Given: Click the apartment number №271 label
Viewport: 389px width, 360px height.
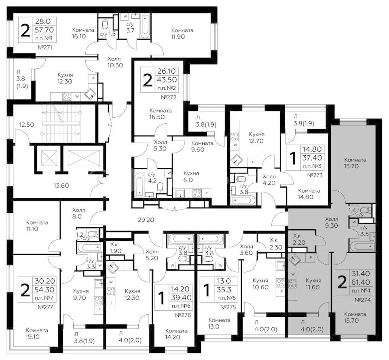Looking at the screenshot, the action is pyautogui.click(x=45, y=47).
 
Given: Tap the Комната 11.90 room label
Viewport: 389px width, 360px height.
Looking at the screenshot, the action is pyautogui.click(x=182, y=34).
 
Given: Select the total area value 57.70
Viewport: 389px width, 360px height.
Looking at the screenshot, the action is pyautogui.click(x=44, y=30).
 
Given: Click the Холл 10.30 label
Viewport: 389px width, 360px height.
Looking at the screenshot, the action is pyautogui.click(x=115, y=62).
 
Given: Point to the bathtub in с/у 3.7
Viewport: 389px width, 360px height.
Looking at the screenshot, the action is pyautogui.click(x=145, y=26).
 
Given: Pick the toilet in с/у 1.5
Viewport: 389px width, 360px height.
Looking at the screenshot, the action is pyautogui.click(x=105, y=24).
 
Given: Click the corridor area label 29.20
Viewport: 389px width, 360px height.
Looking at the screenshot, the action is pyautogui.click(x=146, y=220).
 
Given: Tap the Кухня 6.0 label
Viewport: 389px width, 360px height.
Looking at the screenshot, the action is pyautogui.click(x=191, y=177).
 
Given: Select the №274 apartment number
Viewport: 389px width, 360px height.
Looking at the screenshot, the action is pyautogui.click(x=363, y=300).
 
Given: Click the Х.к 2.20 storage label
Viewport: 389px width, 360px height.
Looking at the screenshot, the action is pyautogui.click(x=299, y=239).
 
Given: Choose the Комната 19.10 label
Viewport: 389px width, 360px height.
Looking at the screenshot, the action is pyautogui.click(x=37, y=333).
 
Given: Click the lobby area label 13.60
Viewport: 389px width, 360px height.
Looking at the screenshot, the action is pyautogui.click(x=61, y=185).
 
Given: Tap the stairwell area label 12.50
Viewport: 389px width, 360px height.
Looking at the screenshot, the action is pyautogui.click(x=27, y=125).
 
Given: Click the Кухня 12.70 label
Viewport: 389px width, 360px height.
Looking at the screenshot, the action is pyautogui.click(x=256, y=138).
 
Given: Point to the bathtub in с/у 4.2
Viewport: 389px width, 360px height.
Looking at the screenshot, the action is pyautogui.click(x=139, y=184).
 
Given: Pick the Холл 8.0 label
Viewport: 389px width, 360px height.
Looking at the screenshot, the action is pyautogui.click(x=78, y=213).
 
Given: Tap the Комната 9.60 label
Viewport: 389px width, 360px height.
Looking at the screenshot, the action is pyautogui.click(x=202, y=146).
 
